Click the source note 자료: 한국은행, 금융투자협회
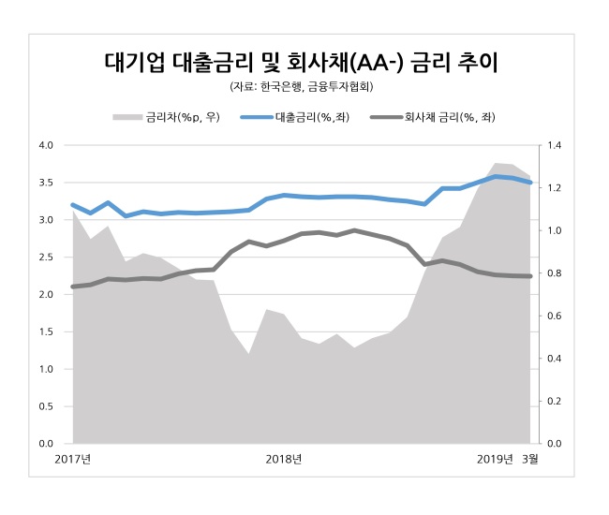[x=302, y=88]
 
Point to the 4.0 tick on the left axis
[x=46, y=145]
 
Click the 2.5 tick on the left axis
[x=46, y=257]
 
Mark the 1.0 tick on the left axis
[x=46, y=369]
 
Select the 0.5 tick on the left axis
[x=46, y=406]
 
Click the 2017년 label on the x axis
[x=73, y=458]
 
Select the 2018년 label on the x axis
[x=284, y=458]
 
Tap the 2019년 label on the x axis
[x=496, y=458]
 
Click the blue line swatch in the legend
[x=256, y=118]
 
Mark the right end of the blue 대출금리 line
[x=531, y=183]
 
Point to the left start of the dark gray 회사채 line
[x=73, y=287]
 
